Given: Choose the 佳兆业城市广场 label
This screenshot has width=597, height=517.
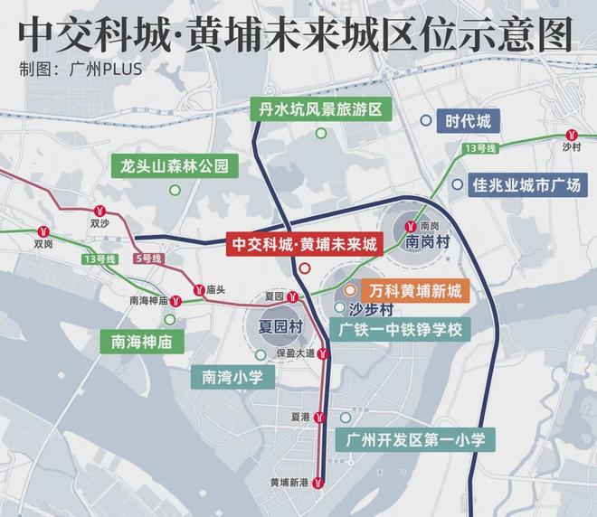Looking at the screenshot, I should coord(526,185).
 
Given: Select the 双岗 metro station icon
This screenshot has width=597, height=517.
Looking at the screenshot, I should coord(44,230).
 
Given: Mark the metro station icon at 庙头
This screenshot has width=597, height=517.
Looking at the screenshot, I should coord(196,290).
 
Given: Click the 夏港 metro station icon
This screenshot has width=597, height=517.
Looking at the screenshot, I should coord(320,417).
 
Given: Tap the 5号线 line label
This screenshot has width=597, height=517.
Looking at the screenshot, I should coord(147,259).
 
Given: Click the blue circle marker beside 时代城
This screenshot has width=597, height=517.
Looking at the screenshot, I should coord(425,121).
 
